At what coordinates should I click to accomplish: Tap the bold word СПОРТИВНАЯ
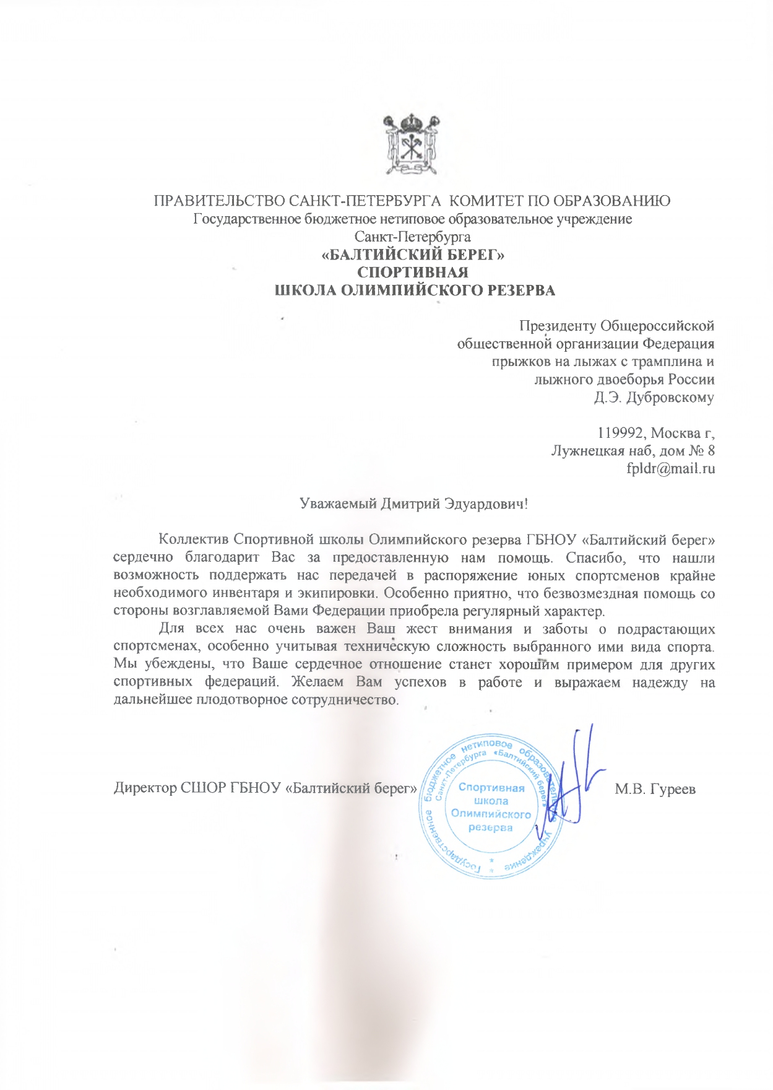point(413,272)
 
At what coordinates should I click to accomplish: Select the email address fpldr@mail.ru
point(671,468)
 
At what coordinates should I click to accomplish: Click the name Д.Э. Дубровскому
point(654,398)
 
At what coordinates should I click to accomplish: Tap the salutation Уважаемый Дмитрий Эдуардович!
point(413,504)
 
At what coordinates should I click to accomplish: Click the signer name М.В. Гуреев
point(655,789)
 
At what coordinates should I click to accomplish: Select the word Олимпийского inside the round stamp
point(491,814)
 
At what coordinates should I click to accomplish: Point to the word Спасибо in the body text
point(594,558)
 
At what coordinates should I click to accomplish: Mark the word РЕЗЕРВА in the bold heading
point(522,290)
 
